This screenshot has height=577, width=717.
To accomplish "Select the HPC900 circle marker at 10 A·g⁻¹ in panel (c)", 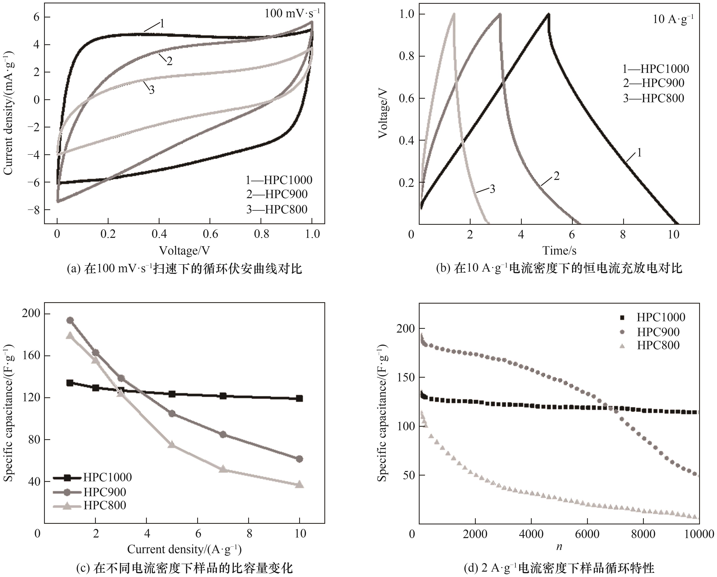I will tap(299, 459).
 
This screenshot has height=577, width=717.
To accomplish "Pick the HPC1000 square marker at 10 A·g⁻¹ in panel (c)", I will tap(299, 398).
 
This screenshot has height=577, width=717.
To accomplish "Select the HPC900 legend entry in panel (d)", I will tap(658, 332).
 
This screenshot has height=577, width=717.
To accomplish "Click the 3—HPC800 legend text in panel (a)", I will tap(277, 209).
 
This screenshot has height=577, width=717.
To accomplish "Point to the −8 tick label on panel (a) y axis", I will tap(34, 210).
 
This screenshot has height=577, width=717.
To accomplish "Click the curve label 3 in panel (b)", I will tap(492, 189).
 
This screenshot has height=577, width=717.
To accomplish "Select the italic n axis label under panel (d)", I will tap(559, 547).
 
